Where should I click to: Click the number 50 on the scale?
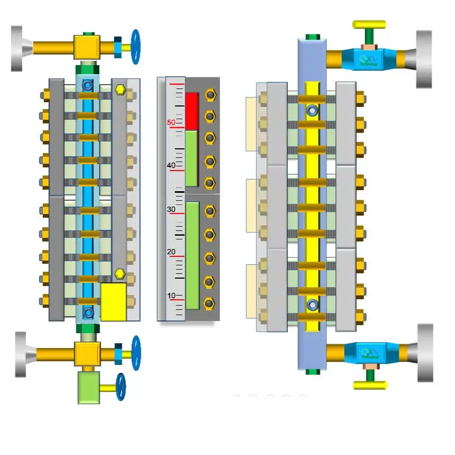171,122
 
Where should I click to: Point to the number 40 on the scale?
171,165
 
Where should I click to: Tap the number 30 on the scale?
171,210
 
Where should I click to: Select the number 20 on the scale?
171,252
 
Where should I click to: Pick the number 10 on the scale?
171,295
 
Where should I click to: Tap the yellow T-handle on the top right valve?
369,25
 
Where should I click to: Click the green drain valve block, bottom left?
88,387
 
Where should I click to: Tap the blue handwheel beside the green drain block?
121,387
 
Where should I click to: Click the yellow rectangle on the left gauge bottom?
113,301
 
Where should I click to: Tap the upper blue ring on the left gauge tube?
88,84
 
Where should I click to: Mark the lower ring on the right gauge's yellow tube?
313,305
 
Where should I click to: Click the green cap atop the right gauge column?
313,37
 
